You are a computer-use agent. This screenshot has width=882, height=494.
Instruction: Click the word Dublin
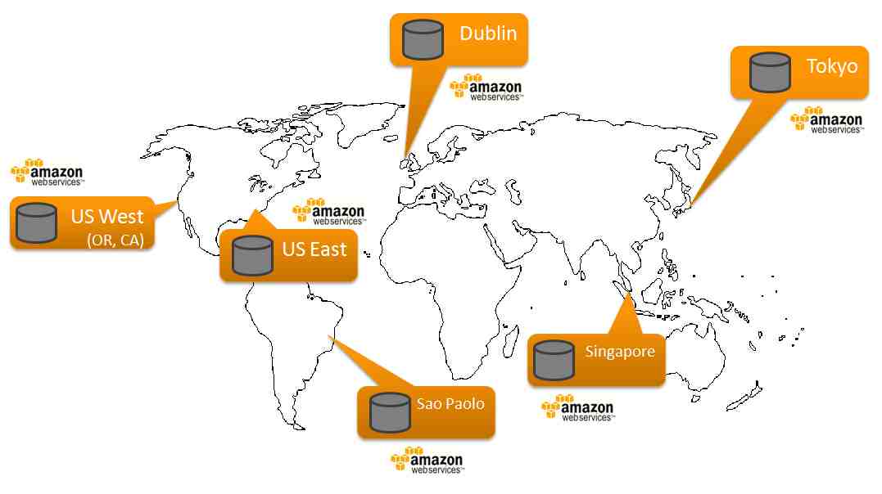coord(488,34)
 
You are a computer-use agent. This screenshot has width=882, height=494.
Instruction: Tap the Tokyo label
coord(832,67)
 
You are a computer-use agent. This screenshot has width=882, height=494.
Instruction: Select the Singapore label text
coord(620,352)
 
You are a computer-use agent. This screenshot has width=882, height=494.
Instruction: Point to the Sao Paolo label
coord(450,403)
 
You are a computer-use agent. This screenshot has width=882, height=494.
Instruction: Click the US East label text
coord(314,249)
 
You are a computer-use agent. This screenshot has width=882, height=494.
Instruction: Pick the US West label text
coord(107,217)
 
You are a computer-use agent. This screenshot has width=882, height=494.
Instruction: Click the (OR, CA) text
coord(115,240)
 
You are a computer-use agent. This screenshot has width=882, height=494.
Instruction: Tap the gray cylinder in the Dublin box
coord(423,39)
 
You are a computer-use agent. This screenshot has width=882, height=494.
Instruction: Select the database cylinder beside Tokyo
coord(770,72)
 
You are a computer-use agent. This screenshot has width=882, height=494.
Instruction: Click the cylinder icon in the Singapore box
coord(554,360)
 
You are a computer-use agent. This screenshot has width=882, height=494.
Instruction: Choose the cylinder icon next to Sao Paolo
coord(390,412)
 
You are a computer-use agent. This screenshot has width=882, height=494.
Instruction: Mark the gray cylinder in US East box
coord(252,256)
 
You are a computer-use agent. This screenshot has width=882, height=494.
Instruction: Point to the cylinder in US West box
coord(37,223)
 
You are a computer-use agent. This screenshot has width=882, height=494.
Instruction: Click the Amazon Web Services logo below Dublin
coord(486,88)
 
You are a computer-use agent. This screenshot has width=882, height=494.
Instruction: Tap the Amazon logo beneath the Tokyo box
coord(826,120)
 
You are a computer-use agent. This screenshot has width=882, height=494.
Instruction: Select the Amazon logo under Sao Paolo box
coord(427,460)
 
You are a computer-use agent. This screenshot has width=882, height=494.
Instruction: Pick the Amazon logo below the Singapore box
coord(577,408)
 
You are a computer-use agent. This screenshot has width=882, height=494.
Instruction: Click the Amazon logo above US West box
coord(47,173)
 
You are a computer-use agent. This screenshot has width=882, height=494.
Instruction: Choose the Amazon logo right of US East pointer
coord(329,212)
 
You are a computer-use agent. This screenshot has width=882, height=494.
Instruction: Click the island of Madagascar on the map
coord(510,339)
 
